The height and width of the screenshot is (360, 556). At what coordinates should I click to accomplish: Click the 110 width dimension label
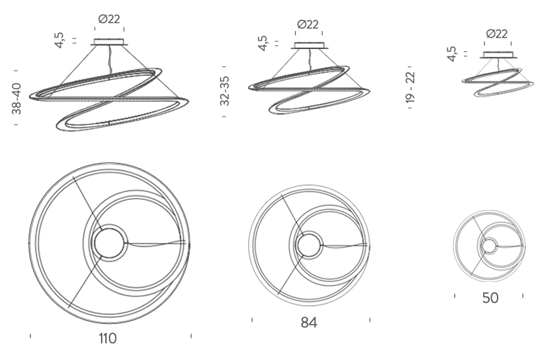pyautogui.click(x=107, y=338)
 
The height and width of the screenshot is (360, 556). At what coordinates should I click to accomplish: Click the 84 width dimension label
pyautogui.click(x=309, y=322)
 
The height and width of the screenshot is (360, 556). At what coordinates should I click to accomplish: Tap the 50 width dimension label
pyautogui.click(x=490, y=298)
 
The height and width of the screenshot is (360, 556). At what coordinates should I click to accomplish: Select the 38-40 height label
pyautogui.click(x=17, y=98)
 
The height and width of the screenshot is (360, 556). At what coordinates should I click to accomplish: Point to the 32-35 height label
pyautogui.click(x=224, y=91)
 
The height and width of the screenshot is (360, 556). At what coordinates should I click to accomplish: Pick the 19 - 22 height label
pyautogui.click(x=410, y=87)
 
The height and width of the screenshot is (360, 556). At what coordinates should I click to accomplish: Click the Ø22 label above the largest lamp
pyautogui.click(x=109, y=19)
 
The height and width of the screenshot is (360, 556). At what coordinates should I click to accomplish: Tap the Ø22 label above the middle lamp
pyautogui.click(x=308, y=25)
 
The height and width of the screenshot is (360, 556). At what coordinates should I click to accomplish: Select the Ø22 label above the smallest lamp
pyautogui.click(x=497, y=34)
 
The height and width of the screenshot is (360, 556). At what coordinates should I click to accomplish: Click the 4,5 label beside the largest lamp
pyautogui.click(x=59, y=40)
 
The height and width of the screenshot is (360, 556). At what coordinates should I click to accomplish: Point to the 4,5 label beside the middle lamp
pyautogui.click(x=262, y=43)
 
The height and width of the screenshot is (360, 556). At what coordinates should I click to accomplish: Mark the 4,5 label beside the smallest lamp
pyautogui.click(x=451, y=54)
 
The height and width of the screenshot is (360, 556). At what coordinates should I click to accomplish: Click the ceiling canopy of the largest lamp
pyautogui.click(x=109, y=42)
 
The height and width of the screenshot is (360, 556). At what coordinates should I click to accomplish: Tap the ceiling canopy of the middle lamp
pyautogui.click(x=309, y=45)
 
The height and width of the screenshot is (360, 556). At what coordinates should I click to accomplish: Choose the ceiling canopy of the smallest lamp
pyautogui.click(x=498, y=55)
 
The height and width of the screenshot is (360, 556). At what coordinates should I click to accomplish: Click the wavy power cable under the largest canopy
pyautogui.click(x=109, y=61)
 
